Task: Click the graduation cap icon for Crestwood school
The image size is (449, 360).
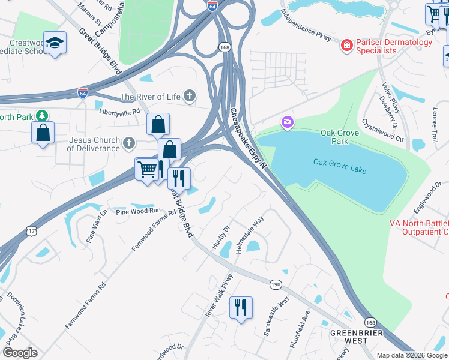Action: point(55,43)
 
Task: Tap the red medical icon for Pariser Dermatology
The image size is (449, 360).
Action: point(346,46)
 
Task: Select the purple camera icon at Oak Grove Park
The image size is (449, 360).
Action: point(288,122)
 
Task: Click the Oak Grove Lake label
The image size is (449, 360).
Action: point(339,162)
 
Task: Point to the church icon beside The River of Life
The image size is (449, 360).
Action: point(190,96)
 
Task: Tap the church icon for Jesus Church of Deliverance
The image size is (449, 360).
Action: point(128,143)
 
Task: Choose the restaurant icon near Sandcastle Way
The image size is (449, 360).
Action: point(241,307)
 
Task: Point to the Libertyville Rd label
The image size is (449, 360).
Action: point(119,111)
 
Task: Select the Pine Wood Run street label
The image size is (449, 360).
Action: point(139,211)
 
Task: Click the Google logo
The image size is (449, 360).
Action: point(20,352)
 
